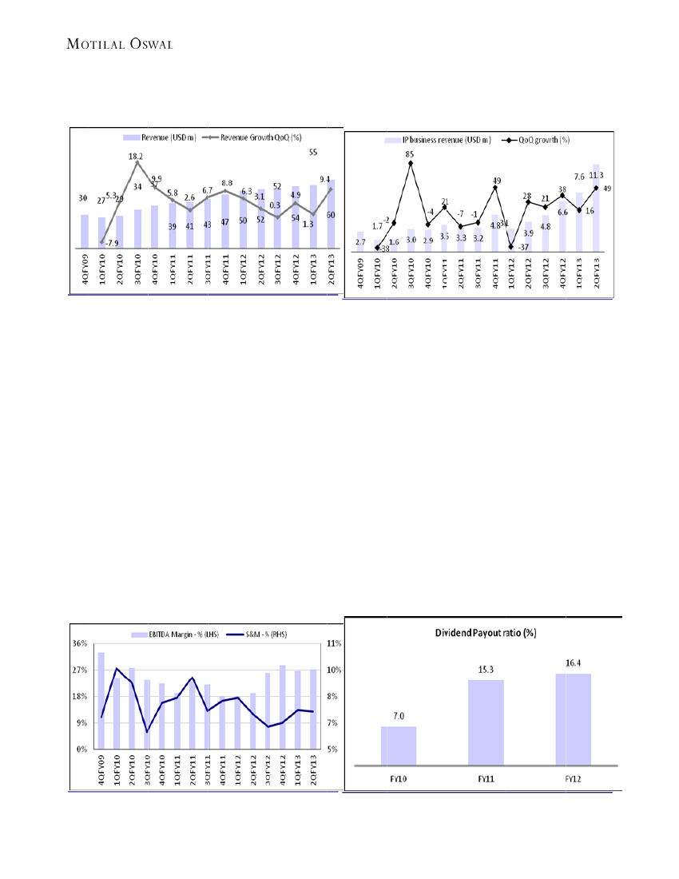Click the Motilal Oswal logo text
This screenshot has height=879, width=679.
(x=119, y=43)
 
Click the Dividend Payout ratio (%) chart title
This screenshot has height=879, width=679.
(x=485, y=632)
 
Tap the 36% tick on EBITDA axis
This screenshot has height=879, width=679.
(x=80, y=643)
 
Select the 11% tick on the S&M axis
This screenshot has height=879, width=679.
(x=335, y=643)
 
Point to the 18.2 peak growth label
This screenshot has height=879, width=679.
(x=136, y=157)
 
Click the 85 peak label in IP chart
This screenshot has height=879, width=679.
(x=410, y=153)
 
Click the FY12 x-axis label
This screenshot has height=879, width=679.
(x=573, y=778)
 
